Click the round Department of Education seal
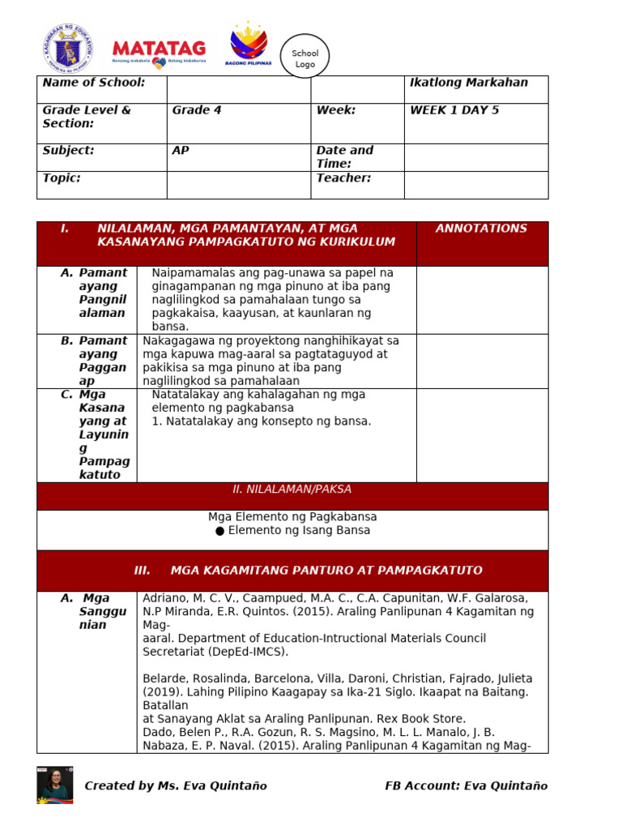point(67,47)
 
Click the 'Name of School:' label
point(94,83)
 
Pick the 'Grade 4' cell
point(196,110)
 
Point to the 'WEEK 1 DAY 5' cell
point(454,110)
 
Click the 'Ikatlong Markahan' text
point(469,83)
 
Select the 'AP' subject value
point(181,151)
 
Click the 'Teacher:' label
point(343,178)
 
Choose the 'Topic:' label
point(62,178)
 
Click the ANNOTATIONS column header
point(481,229)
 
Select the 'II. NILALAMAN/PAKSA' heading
point(292,490)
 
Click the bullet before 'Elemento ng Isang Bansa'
point(219,531)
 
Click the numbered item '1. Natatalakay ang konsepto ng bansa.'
point(262,421)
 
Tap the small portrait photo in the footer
point(54,785)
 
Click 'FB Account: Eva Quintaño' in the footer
point(466,785)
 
